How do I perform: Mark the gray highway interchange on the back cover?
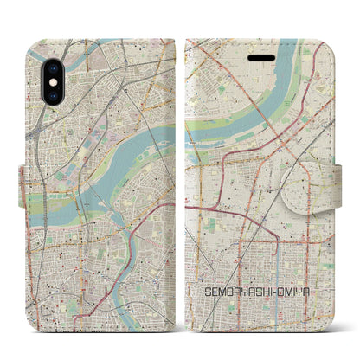(38, 121)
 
